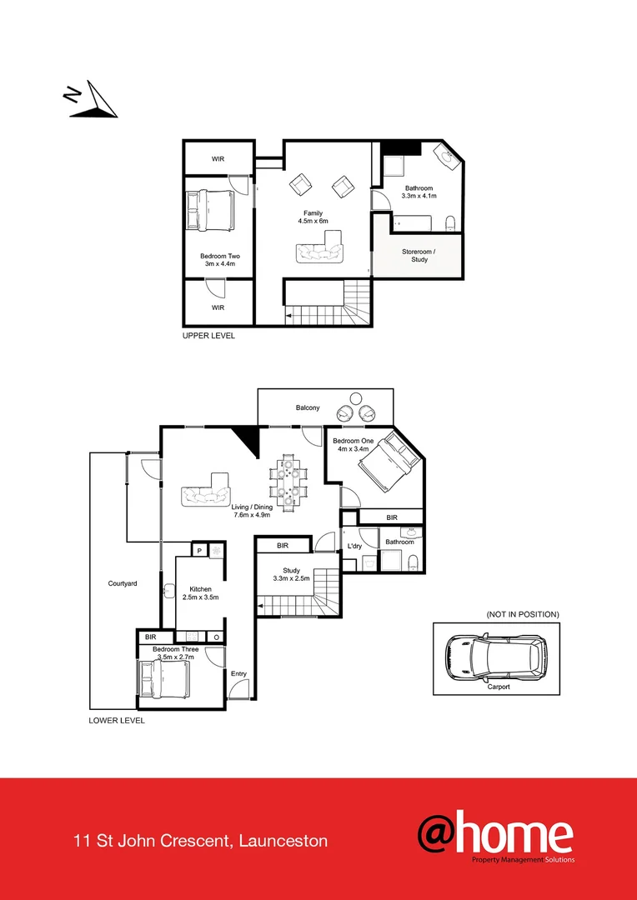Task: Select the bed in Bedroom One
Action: (386, 464)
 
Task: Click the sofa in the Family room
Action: (318, 249)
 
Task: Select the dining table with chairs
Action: (288, 482)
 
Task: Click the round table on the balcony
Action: (356, 397)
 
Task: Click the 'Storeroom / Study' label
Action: (419, 255)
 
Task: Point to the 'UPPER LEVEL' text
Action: (208, 336)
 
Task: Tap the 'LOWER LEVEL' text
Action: (117, 720)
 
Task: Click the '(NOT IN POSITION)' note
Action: (523, 614)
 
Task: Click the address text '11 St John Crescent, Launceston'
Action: (200, 841)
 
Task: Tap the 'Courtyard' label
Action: (123, 583)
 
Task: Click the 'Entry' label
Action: (238, 673)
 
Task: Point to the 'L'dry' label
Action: (354, 547)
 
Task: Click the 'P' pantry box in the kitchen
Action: (200, 550)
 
